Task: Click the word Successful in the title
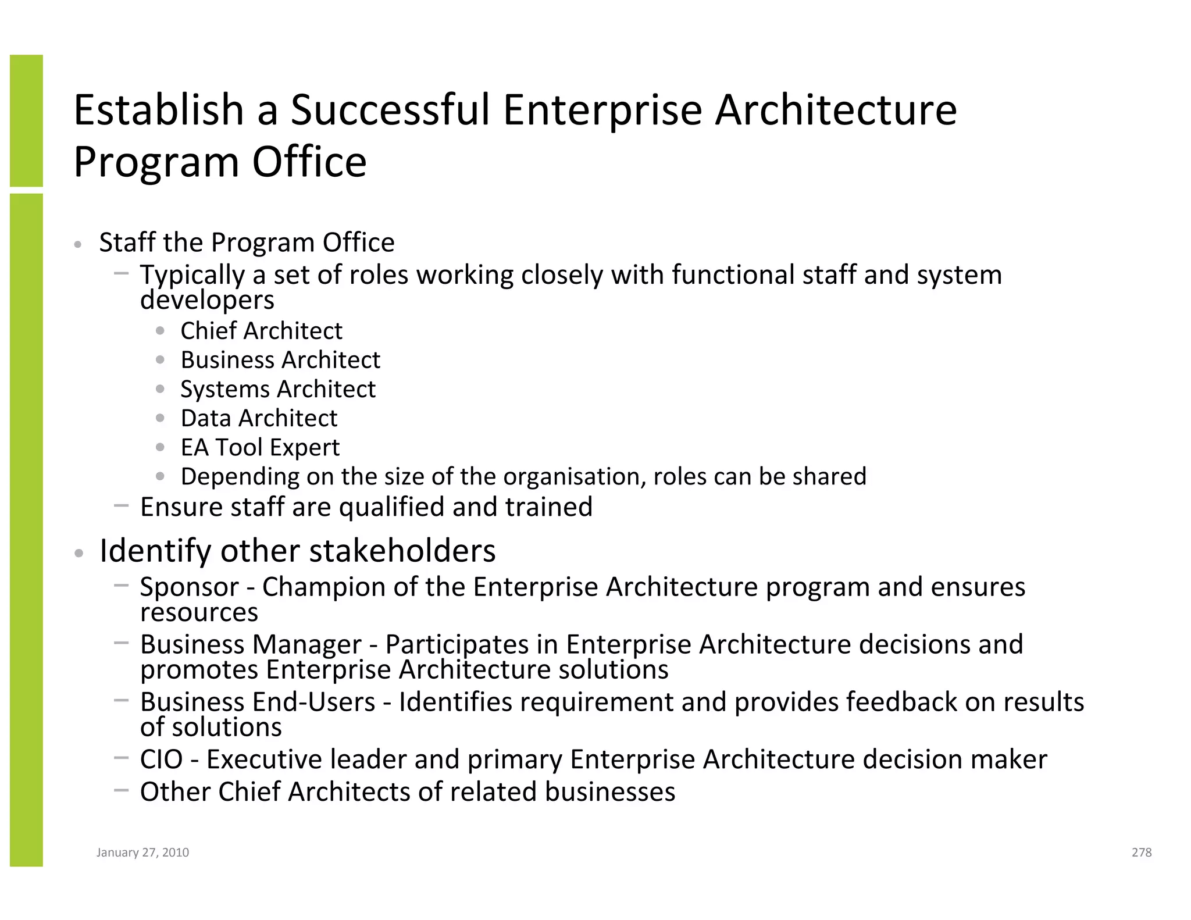390,110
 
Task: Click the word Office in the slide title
309,162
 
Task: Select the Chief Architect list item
261,331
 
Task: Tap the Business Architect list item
280,360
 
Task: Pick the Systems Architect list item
278,389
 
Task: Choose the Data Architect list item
259,418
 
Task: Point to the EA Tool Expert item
260,448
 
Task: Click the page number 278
1141,853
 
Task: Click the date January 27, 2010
142,853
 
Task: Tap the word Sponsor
190,587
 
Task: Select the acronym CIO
161,760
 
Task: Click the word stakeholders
416,551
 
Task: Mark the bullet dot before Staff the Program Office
78,245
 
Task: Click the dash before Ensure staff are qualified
122,506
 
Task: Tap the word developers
207,301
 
